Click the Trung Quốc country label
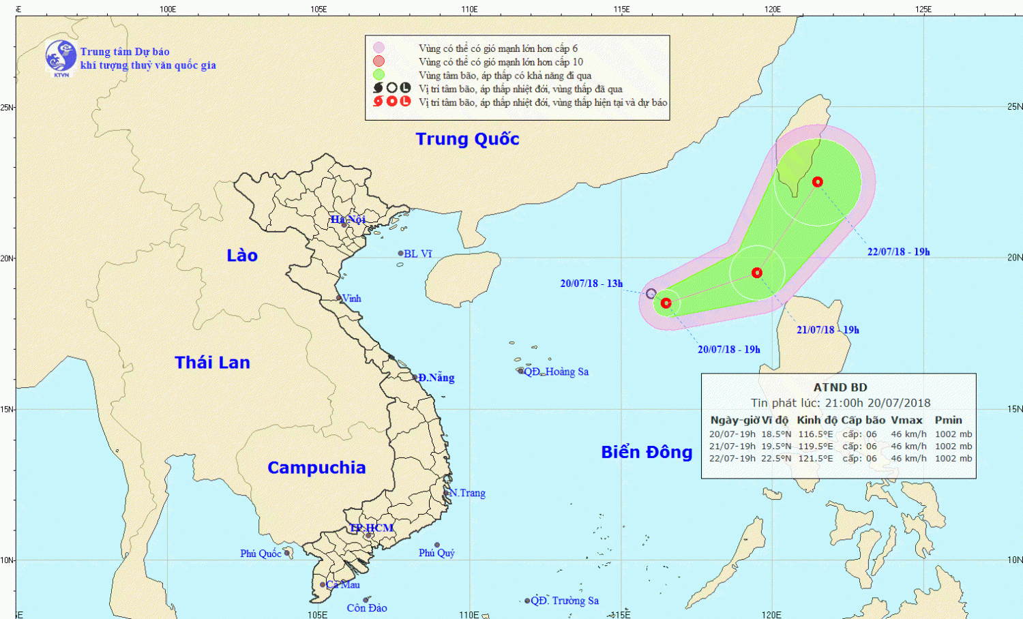tap(467, 139)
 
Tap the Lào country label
tap(242, 256)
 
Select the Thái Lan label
tap(212, 363)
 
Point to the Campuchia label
tap(316, 468)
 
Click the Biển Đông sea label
tap(647, 452)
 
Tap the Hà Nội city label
tap(348, 220)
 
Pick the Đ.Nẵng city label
tap(436, 378)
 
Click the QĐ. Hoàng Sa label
tap(556, 372)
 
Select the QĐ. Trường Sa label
tap(565, 601)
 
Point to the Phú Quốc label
tap(261, 554)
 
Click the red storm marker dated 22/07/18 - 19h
tap(817, 181)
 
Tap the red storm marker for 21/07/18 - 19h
tap(756, 273)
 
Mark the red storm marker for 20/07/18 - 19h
tap(666, 303)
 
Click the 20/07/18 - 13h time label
tap(591, 284)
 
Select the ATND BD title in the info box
tap(840, 387)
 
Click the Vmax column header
tap(906, 420)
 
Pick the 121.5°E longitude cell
tap(816, 458)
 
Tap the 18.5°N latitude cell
tap(776, 434)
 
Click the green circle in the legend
tap(379, 75)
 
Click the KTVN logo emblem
tap(61, 57)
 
